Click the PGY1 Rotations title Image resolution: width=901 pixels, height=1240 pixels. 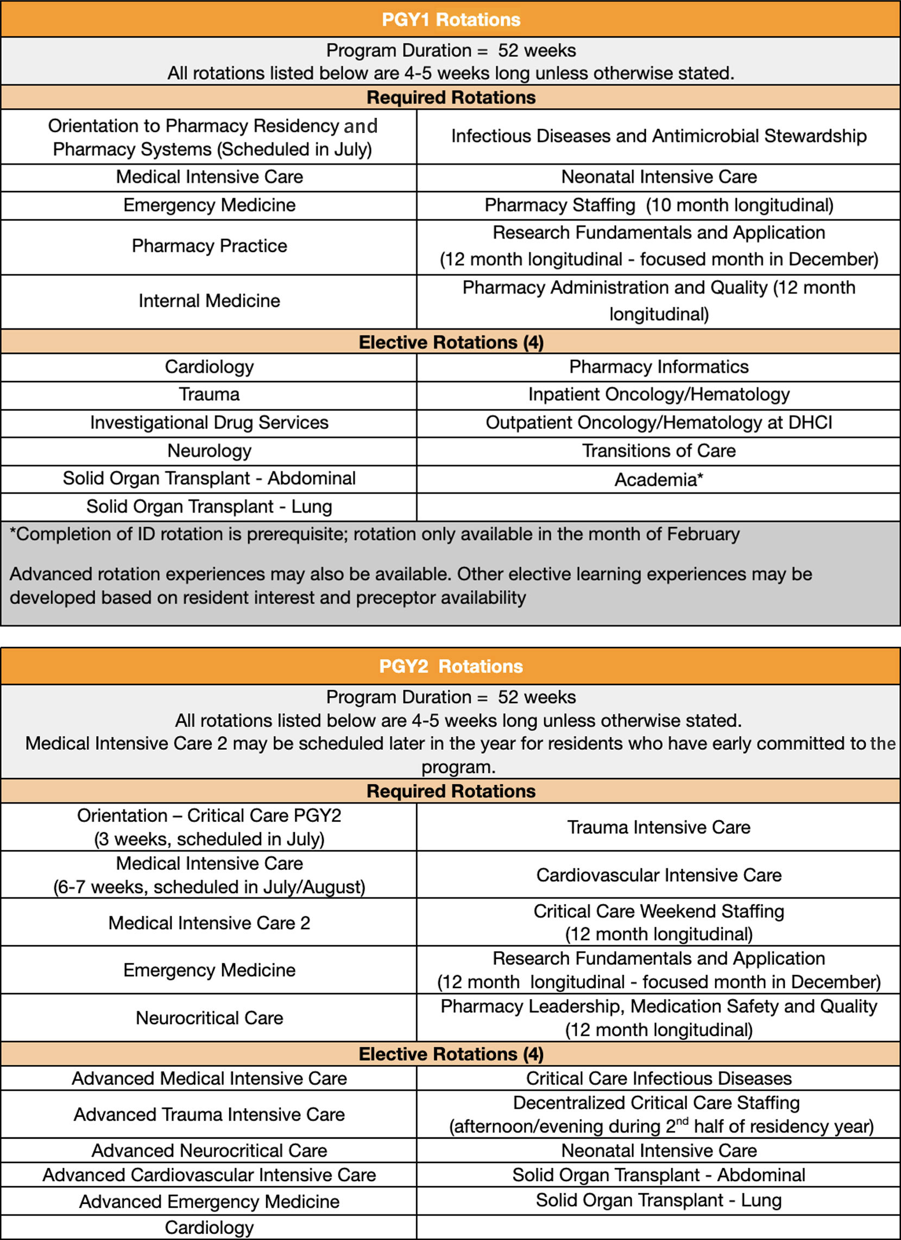[x=451, y=20]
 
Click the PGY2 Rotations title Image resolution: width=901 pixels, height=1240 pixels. [x=451, y=666]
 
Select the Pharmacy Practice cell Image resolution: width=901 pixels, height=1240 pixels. [x=209, y=246]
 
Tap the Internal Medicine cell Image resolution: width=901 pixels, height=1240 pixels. [x=209, y=301]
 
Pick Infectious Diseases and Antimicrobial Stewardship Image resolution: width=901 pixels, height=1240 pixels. [x=659, y=136]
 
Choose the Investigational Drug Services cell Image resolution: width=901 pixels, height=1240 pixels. [x=209, y=422]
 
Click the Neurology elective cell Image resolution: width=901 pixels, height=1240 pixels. [x=209, y=451]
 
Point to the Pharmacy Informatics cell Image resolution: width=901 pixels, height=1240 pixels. [x=659, y=367]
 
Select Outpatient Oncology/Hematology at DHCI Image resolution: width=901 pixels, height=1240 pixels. [x=659, y=422]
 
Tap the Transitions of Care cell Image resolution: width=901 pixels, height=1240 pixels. [x=659, y=451]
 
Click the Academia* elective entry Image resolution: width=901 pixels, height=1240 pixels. [x=659, y=479]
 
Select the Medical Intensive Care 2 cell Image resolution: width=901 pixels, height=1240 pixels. [x=209, y=923]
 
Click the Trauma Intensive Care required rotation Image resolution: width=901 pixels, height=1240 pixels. [x=659, y=827]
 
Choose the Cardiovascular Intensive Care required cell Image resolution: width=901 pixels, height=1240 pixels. [x=659, y=875]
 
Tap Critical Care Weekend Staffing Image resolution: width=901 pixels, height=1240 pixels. [x=659, y=912]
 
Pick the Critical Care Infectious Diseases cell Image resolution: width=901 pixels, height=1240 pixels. [x=659, y=1078]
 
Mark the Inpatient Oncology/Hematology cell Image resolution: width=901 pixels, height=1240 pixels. [x=659, y=395]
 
